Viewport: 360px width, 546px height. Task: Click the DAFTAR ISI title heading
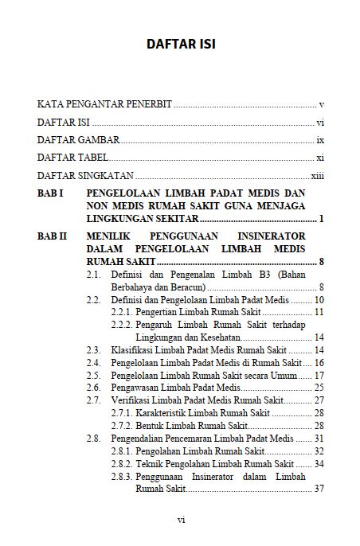[180, 43]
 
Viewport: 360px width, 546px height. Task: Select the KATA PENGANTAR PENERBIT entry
[104, 104]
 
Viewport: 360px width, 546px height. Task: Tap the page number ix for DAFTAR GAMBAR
[319, 140]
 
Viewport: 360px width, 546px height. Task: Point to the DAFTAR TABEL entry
[72, 158]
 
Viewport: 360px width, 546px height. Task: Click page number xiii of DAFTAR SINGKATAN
[317, 176]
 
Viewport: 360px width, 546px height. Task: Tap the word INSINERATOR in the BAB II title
[279, 236]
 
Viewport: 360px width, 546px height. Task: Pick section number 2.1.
[94, 275]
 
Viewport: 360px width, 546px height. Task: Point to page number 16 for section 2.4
[318, 362]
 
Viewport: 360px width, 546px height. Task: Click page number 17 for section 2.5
[318, 375]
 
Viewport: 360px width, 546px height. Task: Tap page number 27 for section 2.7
[318, 400]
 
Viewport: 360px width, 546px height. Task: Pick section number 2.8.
[94, 438]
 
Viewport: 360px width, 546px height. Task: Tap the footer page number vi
[181, 520]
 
